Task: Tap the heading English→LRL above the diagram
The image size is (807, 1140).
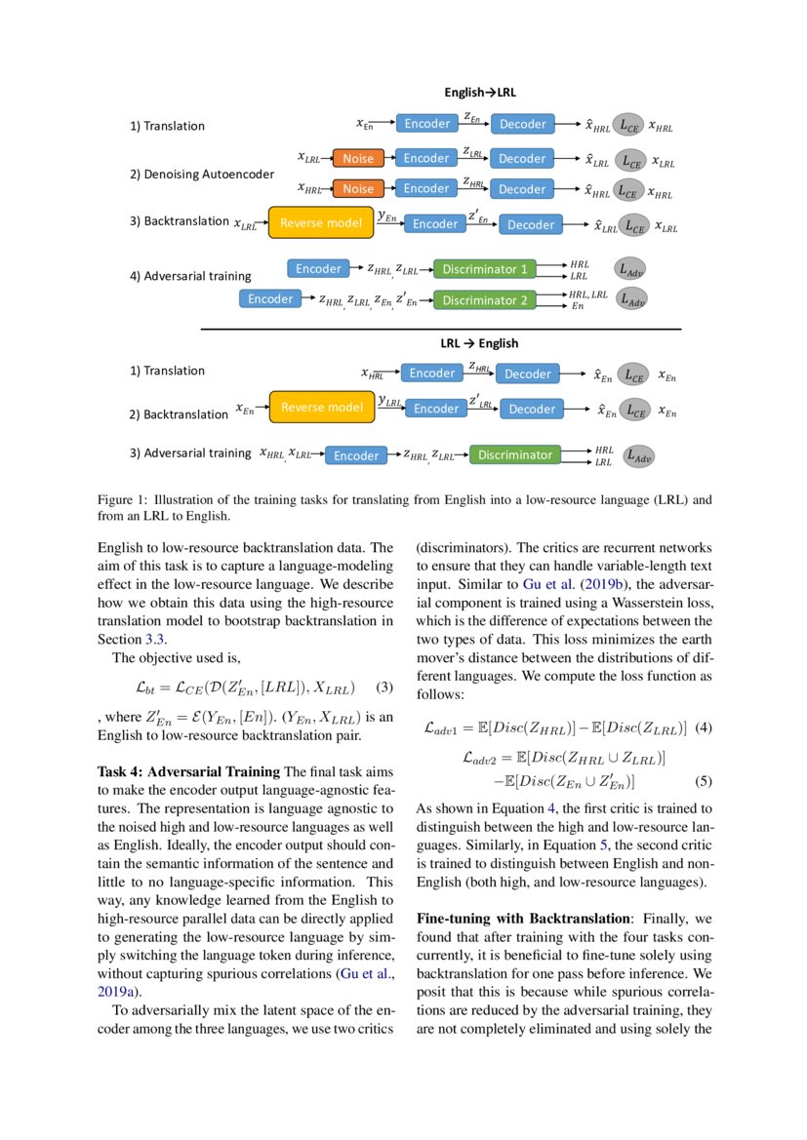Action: point(480,93)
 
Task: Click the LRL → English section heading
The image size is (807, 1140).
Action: point(479,343)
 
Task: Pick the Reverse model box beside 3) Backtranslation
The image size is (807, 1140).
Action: point(321,223)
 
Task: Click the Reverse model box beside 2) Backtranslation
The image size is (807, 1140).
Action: point(321,407)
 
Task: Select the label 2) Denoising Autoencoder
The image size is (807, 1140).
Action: point(202,175)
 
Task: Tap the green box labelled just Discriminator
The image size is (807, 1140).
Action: point(514,454)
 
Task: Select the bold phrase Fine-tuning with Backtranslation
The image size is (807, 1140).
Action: point(522,918)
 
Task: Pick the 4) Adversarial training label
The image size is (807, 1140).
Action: point(190,276)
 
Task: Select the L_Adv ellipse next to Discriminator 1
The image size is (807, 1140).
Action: point(632,268)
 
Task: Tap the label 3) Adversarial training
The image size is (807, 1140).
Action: point(190,453)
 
